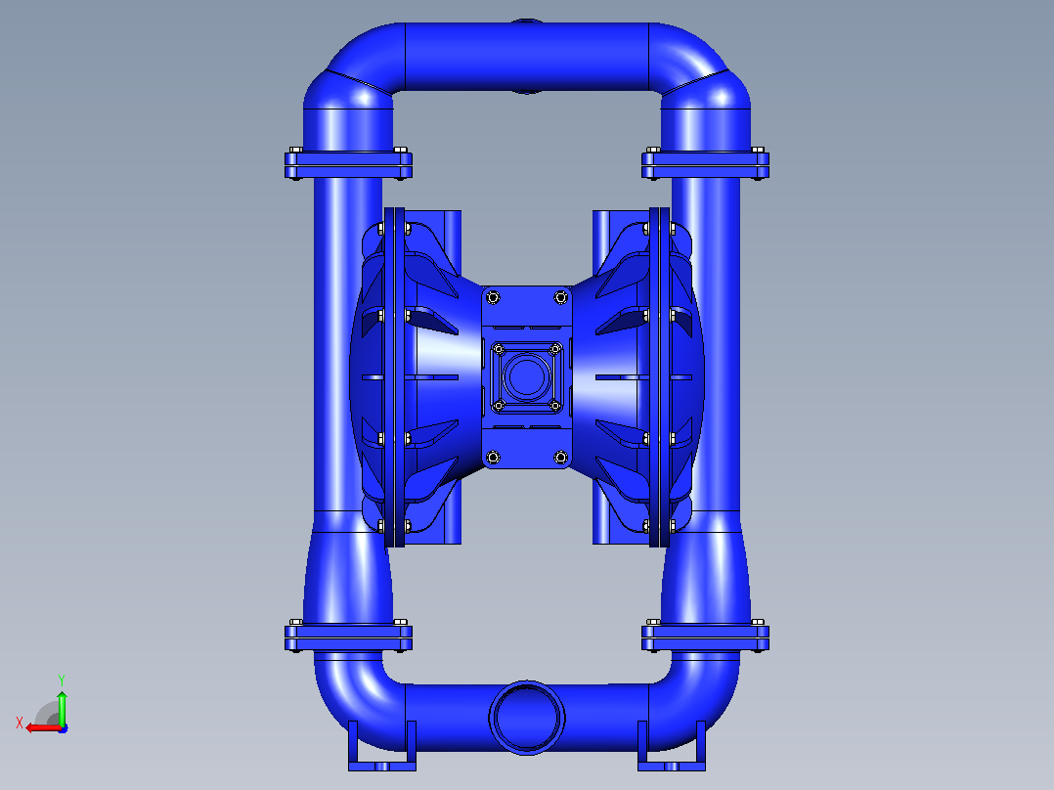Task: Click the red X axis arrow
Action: [43, 727]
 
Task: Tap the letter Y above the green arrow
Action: [62, 680]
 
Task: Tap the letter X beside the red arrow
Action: [20, 723]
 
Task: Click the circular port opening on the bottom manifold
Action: [527, 717]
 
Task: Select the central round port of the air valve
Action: [527, 376]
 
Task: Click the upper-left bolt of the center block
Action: [493, 297]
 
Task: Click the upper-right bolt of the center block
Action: [560, 297]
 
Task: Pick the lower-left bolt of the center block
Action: [493, 458]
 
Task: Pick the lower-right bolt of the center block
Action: [560, 458]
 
